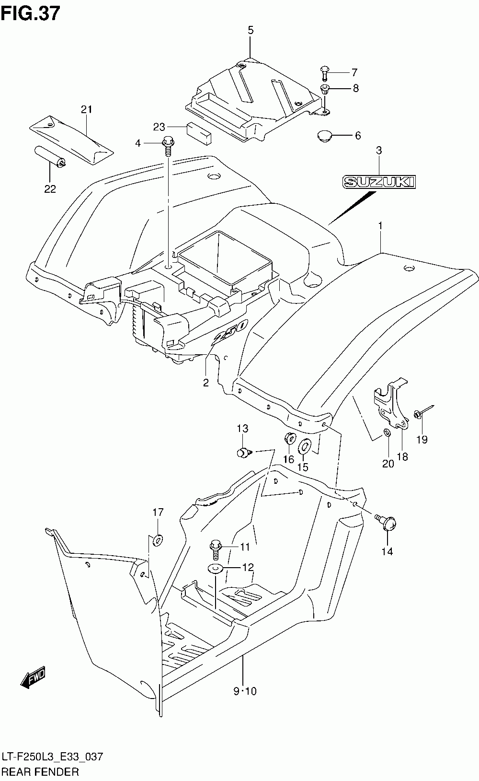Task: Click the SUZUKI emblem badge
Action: [x=379, y=182]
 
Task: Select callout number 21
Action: [x=86, y=109]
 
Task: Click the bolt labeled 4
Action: [x=168, y=146]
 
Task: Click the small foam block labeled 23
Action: [x=199, y=133]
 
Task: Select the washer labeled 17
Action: [x=158, y=540]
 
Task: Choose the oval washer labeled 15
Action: [x=305, y=446]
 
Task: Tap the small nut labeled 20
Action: [x=387, y=433]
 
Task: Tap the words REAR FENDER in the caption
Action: [x=40, y=771]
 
